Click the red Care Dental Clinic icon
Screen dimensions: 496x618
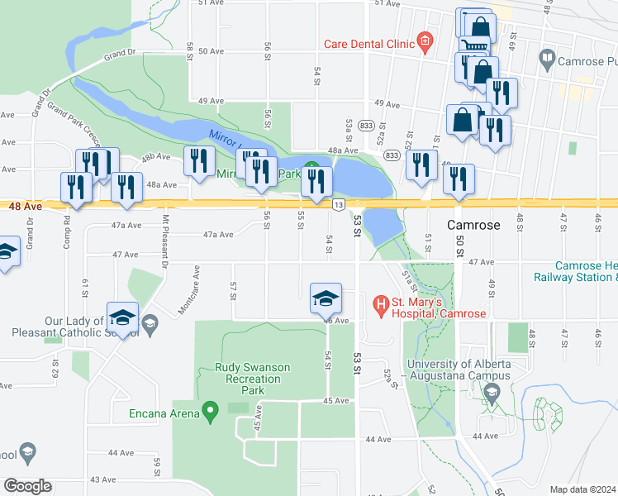click(425, 40)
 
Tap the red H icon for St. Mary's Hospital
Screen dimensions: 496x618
click(381, 307)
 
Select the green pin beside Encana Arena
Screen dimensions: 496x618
click(210, 409)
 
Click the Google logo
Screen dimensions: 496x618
click(27, 486)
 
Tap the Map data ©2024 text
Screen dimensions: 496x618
click(582, 489)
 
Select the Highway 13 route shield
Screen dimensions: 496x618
click(339, 203)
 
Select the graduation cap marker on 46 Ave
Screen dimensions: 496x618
click(326, 298)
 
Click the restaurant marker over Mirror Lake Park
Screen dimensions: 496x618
click(316, 182)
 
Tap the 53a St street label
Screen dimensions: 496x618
click(349, 129)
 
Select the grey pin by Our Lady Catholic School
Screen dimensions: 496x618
click(149, 324)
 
